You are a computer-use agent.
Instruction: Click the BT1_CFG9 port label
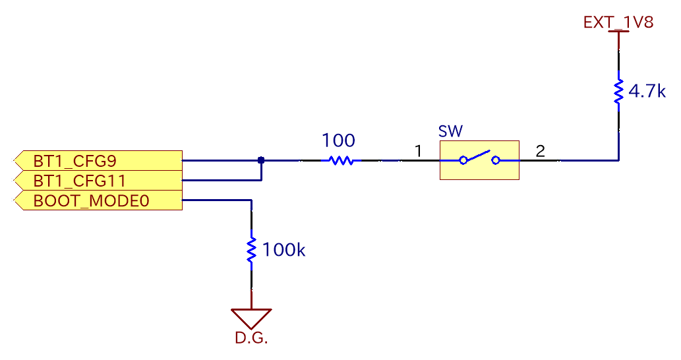tap(98, 160)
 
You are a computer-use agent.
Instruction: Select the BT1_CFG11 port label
tap(98, 180)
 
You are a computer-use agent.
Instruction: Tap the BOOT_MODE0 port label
tap(98, 200)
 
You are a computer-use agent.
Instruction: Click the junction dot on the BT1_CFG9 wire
tap(261, 160)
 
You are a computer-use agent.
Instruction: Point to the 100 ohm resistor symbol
tap(341, 160)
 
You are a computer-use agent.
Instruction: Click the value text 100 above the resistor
tap(338, 140)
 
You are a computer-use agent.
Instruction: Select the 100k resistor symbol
tap(251, 250)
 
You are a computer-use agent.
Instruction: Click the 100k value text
tap(284, 250)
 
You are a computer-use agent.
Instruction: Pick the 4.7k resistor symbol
tap(618, 92)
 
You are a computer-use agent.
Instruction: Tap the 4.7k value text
tap(647, 92)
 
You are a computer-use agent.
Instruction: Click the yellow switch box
tap(479, 160)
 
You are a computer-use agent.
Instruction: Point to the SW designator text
tap(450, 131)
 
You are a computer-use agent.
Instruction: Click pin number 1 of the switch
tap(418, 152)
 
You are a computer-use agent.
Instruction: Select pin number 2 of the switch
tap(541, 152)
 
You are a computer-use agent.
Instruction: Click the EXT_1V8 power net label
tap(618, 22)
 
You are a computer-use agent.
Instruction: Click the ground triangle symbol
tap(251, 318)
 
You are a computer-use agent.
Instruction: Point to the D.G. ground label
tap(251, 339)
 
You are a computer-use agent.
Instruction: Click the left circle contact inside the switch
tap(464, 160)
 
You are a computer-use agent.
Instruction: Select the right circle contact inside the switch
tap(496, 160)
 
